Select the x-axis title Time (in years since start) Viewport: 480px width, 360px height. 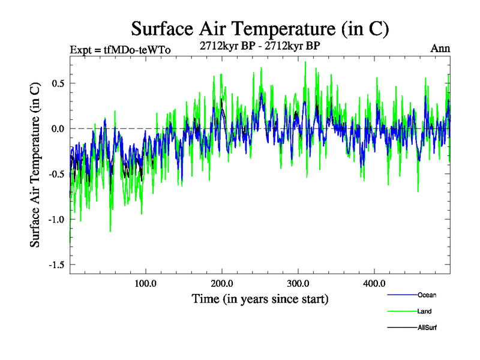point(260,298)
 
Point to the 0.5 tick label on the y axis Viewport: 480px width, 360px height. point(57,83)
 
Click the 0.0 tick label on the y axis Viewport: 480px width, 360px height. point(57,128)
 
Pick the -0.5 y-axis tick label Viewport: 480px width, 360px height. point(56,174)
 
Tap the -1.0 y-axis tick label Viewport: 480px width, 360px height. point(56,219)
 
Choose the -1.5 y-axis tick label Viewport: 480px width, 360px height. point(56,265)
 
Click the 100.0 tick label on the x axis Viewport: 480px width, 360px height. point(146,283)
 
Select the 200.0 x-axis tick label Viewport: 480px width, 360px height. point(222,283)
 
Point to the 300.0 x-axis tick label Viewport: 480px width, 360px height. point(298,283)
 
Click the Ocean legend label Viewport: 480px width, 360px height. point(427,295)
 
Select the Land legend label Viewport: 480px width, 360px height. point(424,311)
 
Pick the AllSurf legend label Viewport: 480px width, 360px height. point(427,328)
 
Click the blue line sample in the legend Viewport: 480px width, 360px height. point(401,295)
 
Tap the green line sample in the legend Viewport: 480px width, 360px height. point(401,311)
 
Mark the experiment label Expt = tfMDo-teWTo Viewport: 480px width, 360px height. point(120,50)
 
